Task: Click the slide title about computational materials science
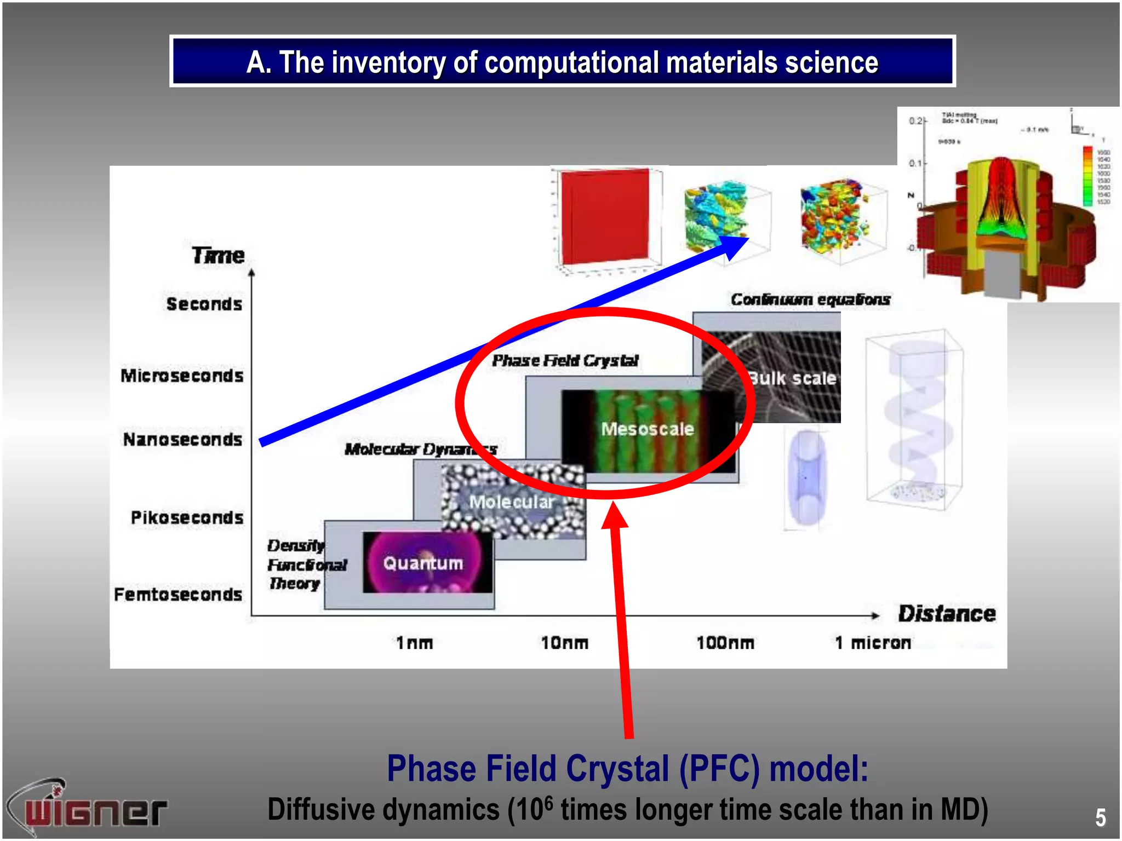coord(562,62)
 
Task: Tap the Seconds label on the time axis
coord(204,304)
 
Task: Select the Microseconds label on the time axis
coord(182,376)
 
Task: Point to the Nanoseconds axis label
coord(182,439)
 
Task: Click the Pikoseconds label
coord(187,517)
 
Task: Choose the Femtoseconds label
coord(178,594)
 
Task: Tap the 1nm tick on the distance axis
coord(415,642)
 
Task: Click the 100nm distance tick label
coord(725,642)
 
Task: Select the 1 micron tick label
coord(873,642)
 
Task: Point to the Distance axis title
coord(947,614)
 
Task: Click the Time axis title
coord(218,255)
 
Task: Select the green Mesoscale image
coord(648,430)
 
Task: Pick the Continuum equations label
coord(810,299)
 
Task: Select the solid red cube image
coord(605,217)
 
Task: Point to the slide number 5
coord(1100,817)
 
